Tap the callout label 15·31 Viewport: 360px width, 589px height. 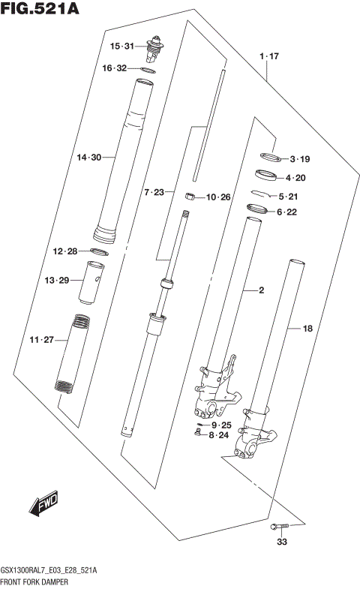tap(121, 47)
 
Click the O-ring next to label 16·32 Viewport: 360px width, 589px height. tap(148, 70)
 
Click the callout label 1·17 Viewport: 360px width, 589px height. tap(269, 57)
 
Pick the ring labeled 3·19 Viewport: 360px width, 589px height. tap(269, 158)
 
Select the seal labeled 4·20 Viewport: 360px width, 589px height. tap(265, 176)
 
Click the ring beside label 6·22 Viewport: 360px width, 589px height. tap(257, 210)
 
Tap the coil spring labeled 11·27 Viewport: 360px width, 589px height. tap(75, 351)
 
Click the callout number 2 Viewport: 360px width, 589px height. tap(261, 290)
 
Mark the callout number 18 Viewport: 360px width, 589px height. tap(307, 328)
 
